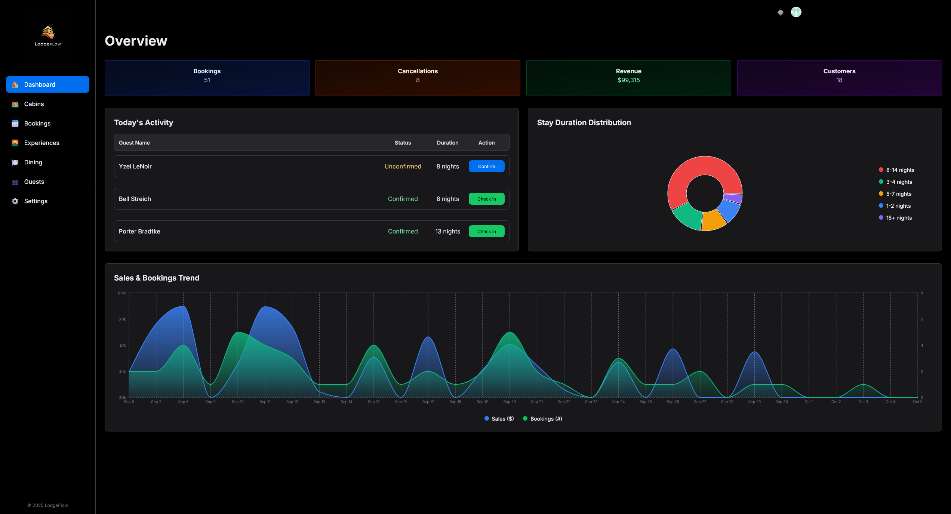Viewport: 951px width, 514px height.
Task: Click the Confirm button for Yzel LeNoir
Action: pyautogui.click(x=486, y=166)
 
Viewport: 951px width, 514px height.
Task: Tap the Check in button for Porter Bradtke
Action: pyautogui.click(x=486, y=231)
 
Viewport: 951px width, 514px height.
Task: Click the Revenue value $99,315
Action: pyautogui.click(x=628, y=80)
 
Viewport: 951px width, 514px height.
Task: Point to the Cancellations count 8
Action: pyautogui.click(x=418, y=80)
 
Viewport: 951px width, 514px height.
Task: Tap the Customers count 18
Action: pyautogui.click(x=839, y=80)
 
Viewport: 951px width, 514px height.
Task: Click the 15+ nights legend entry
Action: pyautogui.click(x=895, y=218)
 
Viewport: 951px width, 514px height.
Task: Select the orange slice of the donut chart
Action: pyautogui.click(x=713, y=220)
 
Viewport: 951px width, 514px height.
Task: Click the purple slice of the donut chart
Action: pyautogui.click(x=733, y=198)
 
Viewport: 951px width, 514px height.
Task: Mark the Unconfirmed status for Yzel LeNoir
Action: pyautogui.click(x=403, y=166)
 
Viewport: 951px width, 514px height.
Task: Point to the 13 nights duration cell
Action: pyautogui.click(x=447, y=231)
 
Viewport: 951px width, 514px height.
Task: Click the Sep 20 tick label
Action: pyautogui.click(x=510, y=402)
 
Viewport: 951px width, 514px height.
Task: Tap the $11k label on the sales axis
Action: pyautogui.click(x=122, y=319)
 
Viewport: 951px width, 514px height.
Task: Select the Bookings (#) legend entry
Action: pyautogui.click(x=542, y=419)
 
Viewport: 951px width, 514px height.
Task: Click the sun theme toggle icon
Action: pyautogui.click(x=780, y=12)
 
